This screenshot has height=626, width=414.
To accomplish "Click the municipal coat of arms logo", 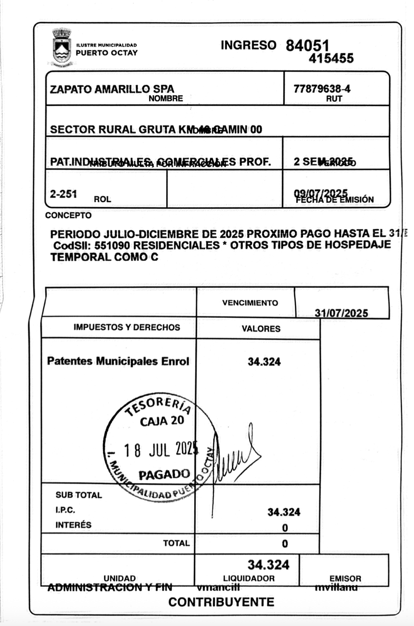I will pyautogui.click(x=62, y=48).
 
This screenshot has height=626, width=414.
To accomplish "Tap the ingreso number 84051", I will pyautogui.click(x=307, y=45).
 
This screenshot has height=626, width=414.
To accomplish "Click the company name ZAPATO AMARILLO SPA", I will pyautogui.click(x=112, y=89).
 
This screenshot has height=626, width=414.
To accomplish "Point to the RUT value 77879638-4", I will pyautogui.click(x=322, y=89).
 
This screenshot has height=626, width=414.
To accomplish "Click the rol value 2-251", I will pyautogui.click(x=63, y=193).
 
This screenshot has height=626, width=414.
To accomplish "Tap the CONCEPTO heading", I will pyautogui.click(x=68, y=216).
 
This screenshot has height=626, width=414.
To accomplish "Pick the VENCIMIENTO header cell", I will pyautogui.click(x=250, y=303).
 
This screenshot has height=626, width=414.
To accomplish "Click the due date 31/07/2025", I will pyautogui.click(x=341, y=313).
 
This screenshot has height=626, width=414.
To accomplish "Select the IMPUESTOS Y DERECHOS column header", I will pyautogui.click(x=127, y=327).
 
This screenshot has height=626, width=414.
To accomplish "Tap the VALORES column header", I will pyautogui.click(x=261, y=328).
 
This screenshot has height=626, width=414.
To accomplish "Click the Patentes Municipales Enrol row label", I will pyautogui.click(x=118, y=361).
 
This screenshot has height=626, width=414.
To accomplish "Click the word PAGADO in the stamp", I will pyautogui.click(x=164, y=475).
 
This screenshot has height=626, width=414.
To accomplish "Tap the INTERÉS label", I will pyautogui.click(x=73, y=525).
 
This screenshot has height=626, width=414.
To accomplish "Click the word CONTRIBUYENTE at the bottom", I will pyautogui.click(x=221, y=602).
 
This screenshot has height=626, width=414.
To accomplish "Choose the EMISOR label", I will pyautogui.click(x=345, y=578).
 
